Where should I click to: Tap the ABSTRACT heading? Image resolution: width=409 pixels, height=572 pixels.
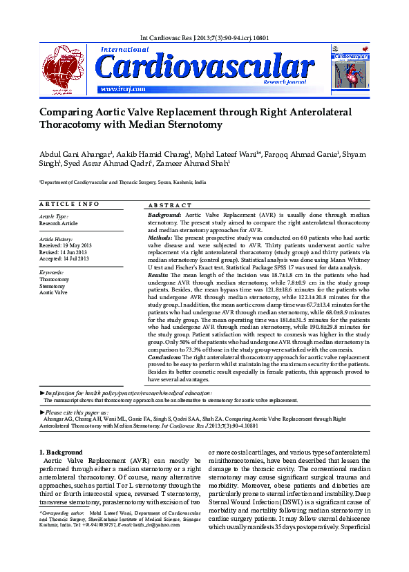170,206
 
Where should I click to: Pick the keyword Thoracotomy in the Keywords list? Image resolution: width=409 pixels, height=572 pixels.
54,279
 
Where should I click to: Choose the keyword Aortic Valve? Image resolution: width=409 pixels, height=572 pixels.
53,292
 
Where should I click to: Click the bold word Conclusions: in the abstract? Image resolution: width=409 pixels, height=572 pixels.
168,356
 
